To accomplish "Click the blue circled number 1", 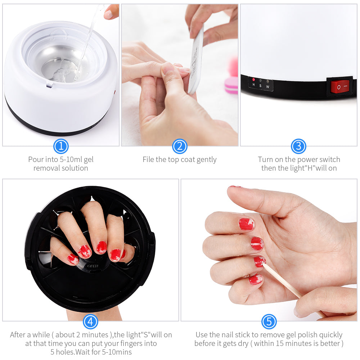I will click(61, 147).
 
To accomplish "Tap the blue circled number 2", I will click(180, 147).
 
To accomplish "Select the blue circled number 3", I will click(298, 147).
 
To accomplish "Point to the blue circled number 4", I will click(90, 321).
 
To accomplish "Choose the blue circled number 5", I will click(269, 321).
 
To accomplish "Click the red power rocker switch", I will click(340, 87).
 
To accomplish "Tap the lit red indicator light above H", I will click(253, 80).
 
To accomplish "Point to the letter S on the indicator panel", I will click(261, 86).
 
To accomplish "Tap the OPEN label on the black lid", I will click(93, 266).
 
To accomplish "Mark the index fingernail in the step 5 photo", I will click(246, 224).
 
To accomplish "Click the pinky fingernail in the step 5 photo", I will click(256, 279).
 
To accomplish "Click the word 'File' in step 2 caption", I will click(148, 159).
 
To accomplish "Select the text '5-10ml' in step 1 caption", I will click(69, 159).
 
